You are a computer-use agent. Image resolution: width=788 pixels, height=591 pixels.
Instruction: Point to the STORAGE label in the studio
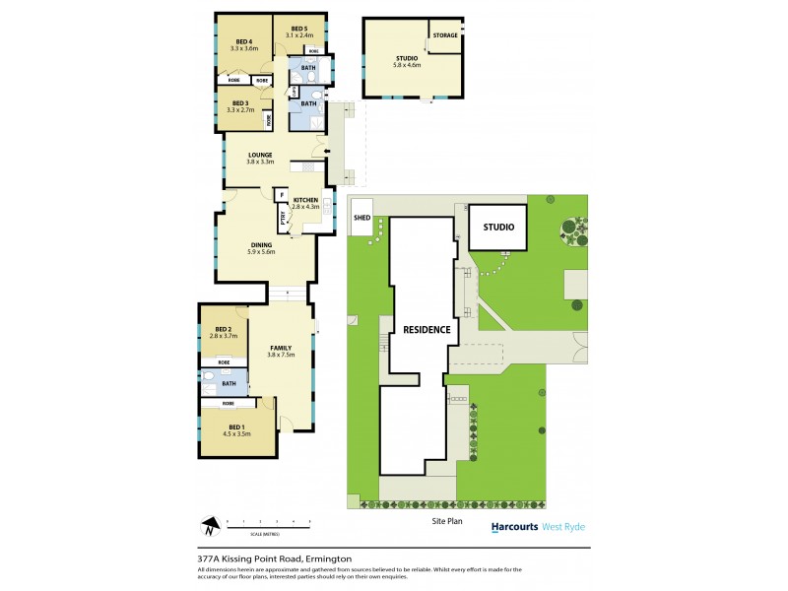(445, 34)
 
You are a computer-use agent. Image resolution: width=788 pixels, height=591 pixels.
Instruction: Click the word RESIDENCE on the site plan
(426, 330)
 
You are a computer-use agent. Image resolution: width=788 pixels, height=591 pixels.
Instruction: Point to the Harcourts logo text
(514, 527)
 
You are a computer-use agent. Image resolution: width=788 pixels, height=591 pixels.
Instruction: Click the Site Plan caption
(446, 520)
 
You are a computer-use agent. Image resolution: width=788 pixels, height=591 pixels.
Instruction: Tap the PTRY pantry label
(283, 223)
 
